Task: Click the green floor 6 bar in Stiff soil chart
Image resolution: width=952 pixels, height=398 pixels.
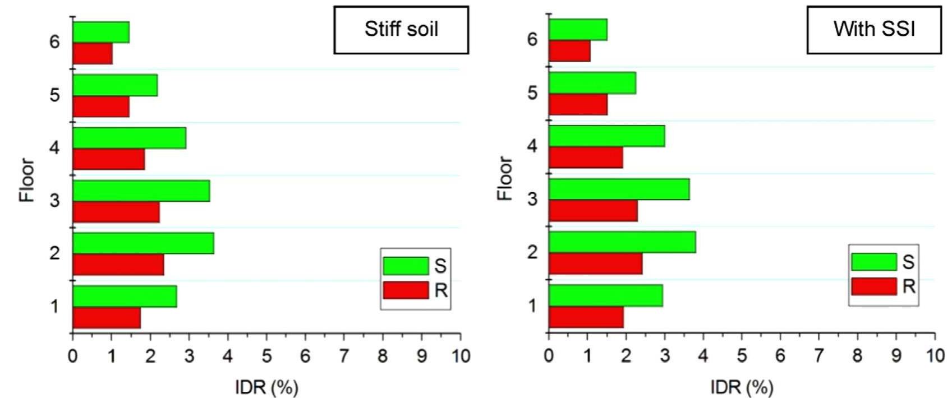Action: click(x=101, y=32)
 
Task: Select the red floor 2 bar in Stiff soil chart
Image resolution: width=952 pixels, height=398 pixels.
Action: click(x=118, y=265)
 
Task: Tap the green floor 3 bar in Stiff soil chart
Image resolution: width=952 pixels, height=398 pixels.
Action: click(x=141, y=191)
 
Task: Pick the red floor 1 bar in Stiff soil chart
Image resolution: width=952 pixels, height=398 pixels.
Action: click(x=107, y=318)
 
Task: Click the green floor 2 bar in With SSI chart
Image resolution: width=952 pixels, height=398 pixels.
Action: click(x=622, y=242)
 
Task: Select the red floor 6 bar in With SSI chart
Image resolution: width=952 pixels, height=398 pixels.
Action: click(x=569, y=51)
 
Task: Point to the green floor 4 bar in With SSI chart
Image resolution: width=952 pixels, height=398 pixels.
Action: click(x=606, y=136)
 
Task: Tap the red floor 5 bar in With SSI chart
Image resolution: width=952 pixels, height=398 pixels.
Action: click(x=578, y=104)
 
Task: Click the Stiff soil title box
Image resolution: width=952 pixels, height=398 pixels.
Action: click(x=401, y=30)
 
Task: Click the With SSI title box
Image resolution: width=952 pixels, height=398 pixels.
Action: click(x=874, y=30)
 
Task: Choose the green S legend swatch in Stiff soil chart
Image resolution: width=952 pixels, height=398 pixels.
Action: click(x=406, y=266)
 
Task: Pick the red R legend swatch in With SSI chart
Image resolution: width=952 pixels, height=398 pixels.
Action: click(x=873, y=286)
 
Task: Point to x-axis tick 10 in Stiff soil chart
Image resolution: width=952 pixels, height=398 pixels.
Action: click(x=461, y=355)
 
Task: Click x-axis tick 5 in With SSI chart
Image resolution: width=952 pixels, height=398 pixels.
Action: click(x=742, y=355)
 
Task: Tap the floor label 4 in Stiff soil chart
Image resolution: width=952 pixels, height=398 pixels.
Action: click(x=54, y=148)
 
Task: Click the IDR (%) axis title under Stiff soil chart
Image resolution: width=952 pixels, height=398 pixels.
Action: click(x=266, y=387)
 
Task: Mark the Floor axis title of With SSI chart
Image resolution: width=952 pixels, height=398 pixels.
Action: click(x=505, y=178)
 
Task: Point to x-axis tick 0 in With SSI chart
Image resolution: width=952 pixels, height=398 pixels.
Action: click(x=549, y=355)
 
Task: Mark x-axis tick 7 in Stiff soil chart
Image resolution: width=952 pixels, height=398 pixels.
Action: click(x=344, y=355)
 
